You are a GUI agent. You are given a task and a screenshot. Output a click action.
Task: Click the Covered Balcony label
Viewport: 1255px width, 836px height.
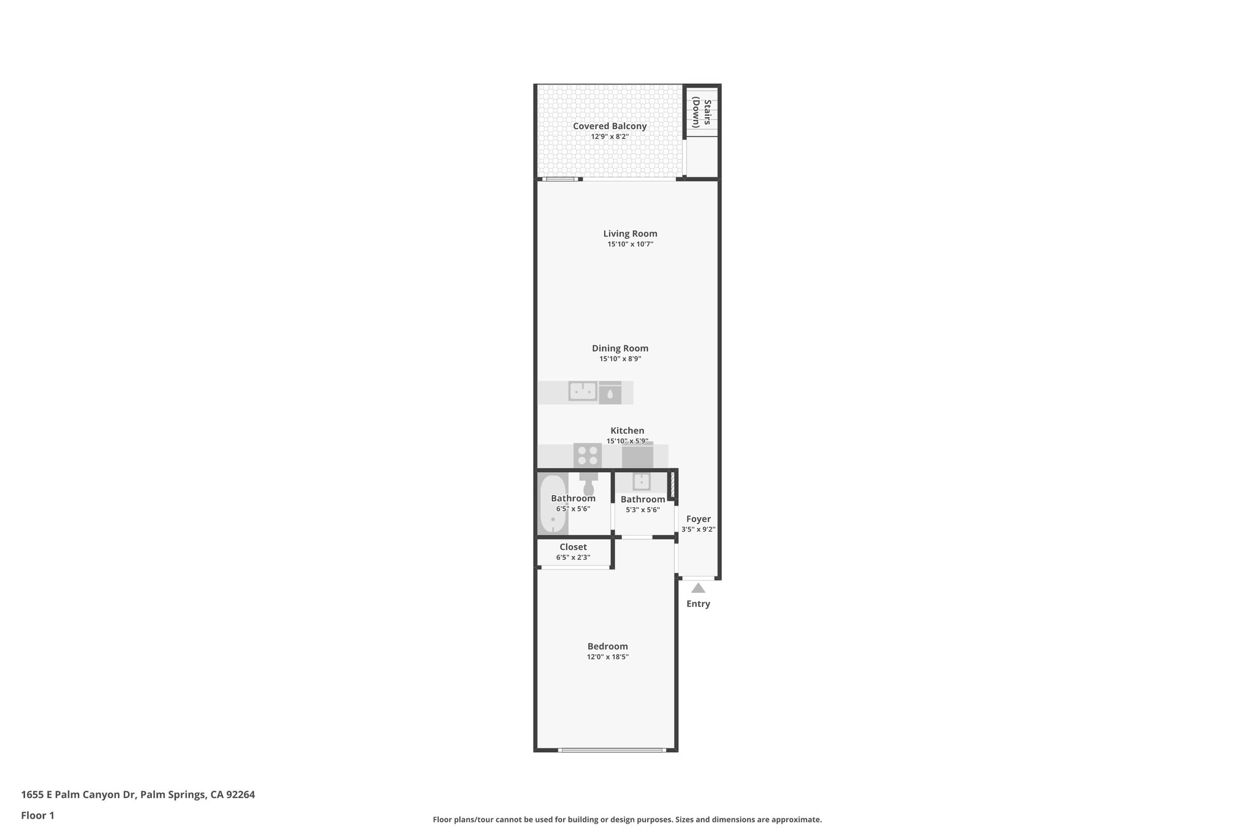[610, 126]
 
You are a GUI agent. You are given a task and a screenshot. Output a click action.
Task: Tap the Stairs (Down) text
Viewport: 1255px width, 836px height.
[702, 113]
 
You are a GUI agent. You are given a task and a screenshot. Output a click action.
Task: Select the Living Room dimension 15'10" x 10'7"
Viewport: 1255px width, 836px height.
[630, 244]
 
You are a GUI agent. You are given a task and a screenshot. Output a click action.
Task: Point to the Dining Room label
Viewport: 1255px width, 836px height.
[620, 348]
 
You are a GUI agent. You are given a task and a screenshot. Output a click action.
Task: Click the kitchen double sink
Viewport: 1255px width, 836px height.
[583, 391]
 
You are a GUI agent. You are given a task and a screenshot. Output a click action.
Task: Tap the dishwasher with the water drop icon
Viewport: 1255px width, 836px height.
[610, 393]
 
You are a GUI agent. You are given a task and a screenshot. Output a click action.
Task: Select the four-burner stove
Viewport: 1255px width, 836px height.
[588, 456]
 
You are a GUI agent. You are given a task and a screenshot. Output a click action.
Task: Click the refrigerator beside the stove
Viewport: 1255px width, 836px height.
[637, 456]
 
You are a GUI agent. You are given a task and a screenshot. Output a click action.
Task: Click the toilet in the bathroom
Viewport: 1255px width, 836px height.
[589, 483]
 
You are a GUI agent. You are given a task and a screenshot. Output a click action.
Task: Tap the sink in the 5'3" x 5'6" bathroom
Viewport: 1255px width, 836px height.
[642, 482]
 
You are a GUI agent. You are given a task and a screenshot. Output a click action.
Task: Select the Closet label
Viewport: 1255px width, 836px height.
[573, 547]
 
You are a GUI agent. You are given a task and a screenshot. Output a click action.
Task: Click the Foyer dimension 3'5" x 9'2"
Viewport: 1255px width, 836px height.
[698, 530]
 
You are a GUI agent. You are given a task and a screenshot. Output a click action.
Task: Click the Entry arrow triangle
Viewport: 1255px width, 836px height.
[698, 589]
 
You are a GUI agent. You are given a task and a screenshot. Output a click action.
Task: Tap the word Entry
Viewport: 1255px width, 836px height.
[698, 604]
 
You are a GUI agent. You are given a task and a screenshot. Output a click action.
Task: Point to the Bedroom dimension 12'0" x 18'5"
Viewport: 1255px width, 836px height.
[607, 657]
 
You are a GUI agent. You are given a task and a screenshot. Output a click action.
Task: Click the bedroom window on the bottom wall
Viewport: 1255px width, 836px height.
[611, 750]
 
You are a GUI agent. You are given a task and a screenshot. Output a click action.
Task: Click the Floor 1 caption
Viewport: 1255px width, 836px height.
[37, 816]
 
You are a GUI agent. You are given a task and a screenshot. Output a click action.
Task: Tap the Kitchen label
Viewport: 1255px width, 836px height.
[627, 431]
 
